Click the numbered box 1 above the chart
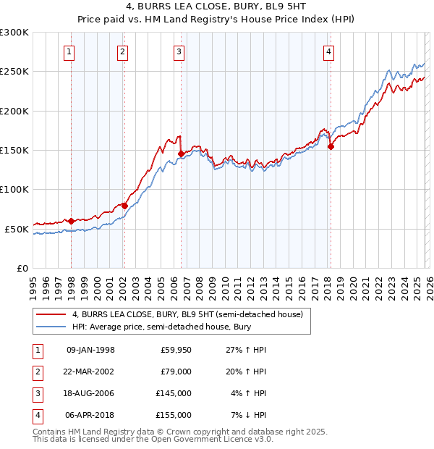pyautogui.click(x=69, y=51)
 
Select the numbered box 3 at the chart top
pyautogui.click(x=179, y=51)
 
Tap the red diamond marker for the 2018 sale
pyautogui.click(x=331, y=146)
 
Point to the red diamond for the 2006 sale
pyautogui.click(x=181, y=154)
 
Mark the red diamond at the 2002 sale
pyautogui.click(x=124, y=206)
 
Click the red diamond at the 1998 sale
pyautogui.click(x=71, y=221)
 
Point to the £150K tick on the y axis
pyautogui.click(x=14, y=150)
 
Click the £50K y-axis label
pyautogui.click(x=17, y=229)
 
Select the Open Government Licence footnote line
pyautogui.click(x=153, y=439)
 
